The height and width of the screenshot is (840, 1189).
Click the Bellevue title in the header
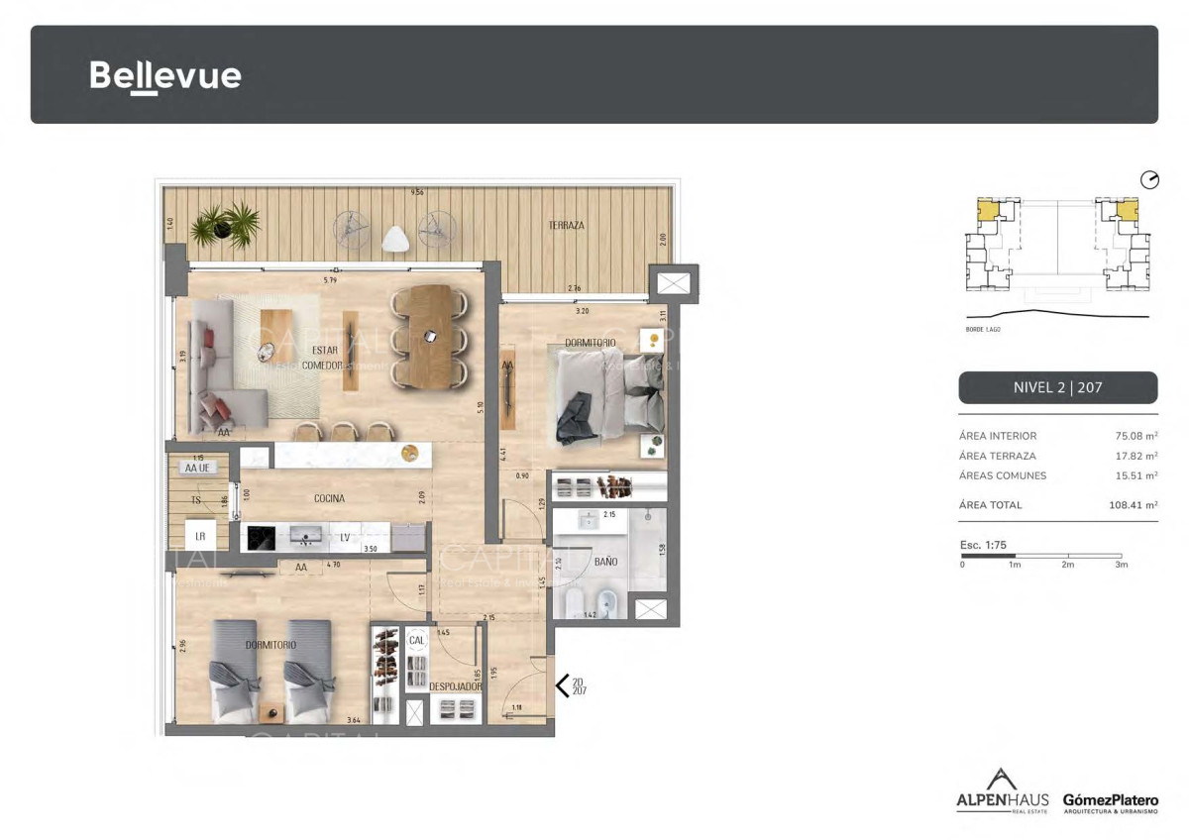point(165,75)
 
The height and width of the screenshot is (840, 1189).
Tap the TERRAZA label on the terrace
point(566,226)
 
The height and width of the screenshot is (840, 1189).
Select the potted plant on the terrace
point(226,225)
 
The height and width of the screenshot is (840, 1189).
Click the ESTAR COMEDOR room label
point(327,358)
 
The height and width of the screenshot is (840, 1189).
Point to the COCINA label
point(329,498)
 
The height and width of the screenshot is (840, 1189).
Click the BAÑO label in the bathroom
point(605,562)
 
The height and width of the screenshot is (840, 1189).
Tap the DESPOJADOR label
point(456,685)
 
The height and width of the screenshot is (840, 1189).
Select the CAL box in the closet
point(416,641)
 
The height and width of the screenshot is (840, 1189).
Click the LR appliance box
point(200,536)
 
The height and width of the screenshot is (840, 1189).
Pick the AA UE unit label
point(198,468)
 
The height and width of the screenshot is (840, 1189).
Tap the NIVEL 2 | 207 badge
point(1057,387)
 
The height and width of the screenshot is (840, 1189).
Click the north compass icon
point(1149,180)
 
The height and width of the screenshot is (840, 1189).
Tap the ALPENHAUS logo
point(1002,791)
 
